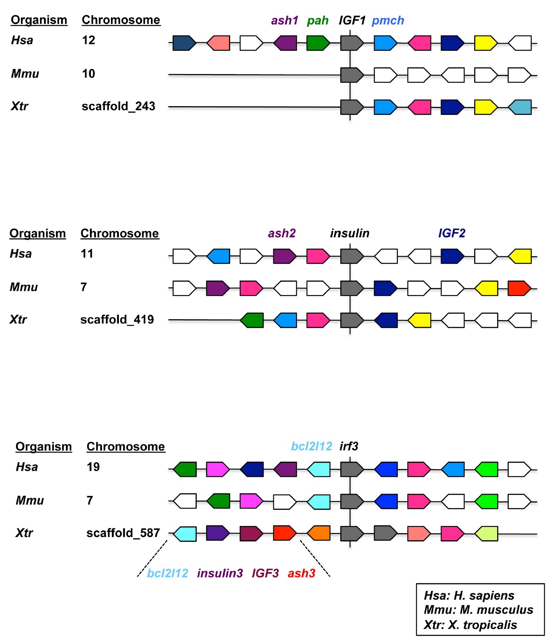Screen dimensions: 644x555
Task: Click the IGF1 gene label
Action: tap(352, 20)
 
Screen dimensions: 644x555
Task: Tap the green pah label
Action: tap(318, 20)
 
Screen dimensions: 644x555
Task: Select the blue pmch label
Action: tap(388, 20)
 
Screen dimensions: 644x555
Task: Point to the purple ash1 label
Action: tap(284, 20)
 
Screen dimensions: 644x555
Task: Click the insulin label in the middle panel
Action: tap(349, 233)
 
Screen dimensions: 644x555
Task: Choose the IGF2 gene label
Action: tap(452, 233)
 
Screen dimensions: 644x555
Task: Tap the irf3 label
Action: tap(349, 446)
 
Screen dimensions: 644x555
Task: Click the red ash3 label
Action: tap(301, 573)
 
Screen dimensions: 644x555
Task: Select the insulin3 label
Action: tap(220, 573)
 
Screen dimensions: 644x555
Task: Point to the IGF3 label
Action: tap(265, 573)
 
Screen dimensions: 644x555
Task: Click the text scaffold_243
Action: tap(118, 106)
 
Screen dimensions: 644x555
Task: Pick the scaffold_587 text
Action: tap(123, 533)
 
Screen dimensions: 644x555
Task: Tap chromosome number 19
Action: tap(93, 467)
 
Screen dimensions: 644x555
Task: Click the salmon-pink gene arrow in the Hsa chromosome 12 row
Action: tap(219, 43)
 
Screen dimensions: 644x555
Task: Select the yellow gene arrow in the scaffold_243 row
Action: tap(486, 107)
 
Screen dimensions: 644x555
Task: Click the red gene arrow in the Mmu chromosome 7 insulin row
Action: tap(519, 289)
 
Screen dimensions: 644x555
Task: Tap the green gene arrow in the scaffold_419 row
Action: tap(252, 320)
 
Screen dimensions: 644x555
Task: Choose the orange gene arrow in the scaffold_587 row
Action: tap(319, 533)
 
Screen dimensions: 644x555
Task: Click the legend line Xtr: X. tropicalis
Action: tap(470, 625)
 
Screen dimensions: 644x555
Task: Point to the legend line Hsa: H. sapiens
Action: tap(469, 596)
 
